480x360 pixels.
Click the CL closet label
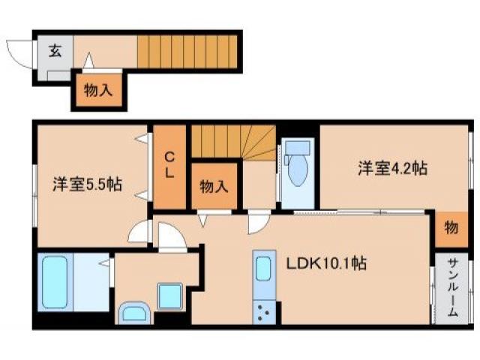[169, 165]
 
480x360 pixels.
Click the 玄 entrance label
[55, 51]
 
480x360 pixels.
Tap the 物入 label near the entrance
[98, 91]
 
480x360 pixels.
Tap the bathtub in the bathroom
[55, 282]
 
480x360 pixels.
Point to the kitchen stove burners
[265, 310]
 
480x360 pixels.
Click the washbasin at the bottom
[135, 314]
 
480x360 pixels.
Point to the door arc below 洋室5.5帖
[139, 233]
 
